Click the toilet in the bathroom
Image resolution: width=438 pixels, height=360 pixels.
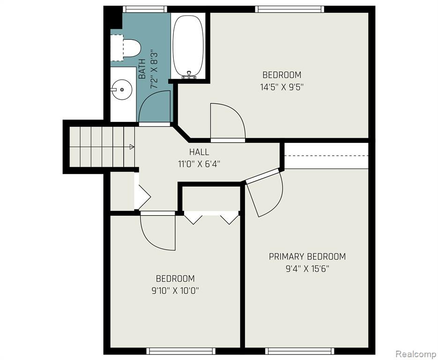125,47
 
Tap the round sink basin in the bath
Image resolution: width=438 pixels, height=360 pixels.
121,90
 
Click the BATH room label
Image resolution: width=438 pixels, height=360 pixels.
142,69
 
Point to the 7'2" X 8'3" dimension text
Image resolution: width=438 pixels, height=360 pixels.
155,69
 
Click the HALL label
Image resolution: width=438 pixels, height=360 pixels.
199,152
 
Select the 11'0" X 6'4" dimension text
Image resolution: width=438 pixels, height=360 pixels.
199,164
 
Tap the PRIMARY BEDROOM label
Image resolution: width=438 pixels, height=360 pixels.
307,256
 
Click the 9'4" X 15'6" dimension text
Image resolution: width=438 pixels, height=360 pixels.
307,269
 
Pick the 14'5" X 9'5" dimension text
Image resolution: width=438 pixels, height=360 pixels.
282,87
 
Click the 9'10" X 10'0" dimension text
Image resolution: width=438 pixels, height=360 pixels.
175,291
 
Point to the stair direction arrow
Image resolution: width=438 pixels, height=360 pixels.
132,147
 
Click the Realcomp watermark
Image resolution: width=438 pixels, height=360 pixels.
416,354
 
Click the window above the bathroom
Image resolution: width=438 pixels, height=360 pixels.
145,9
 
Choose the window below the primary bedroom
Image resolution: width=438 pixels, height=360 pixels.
299,351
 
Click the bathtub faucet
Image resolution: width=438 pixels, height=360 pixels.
189,75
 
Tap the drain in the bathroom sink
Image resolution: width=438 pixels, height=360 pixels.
122,90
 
